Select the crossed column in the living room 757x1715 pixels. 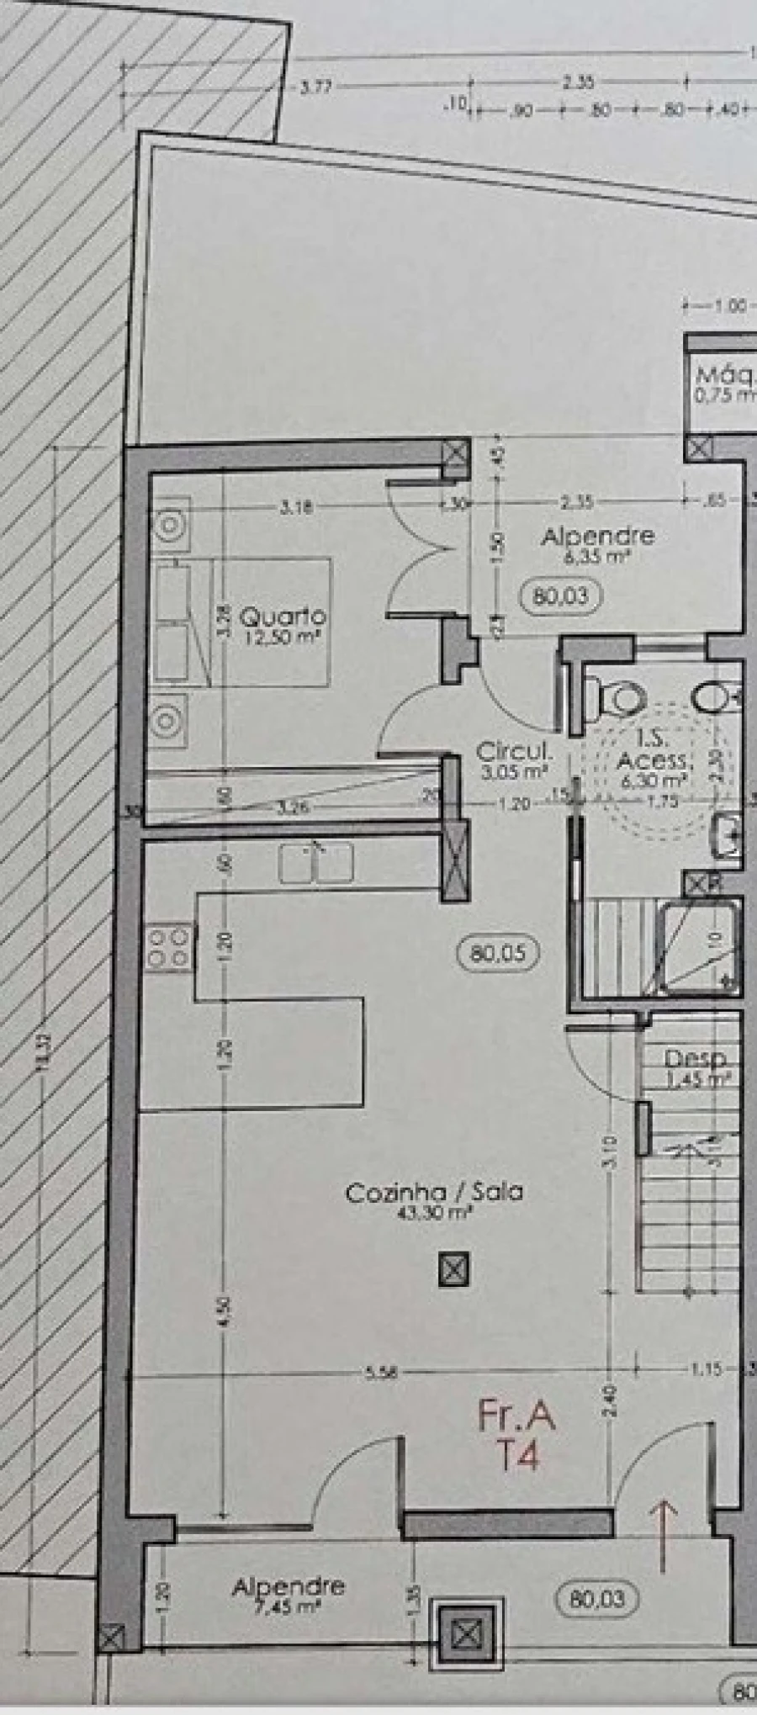click(x=454, y=1269)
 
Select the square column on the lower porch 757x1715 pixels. click(x=465, y=1634)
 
